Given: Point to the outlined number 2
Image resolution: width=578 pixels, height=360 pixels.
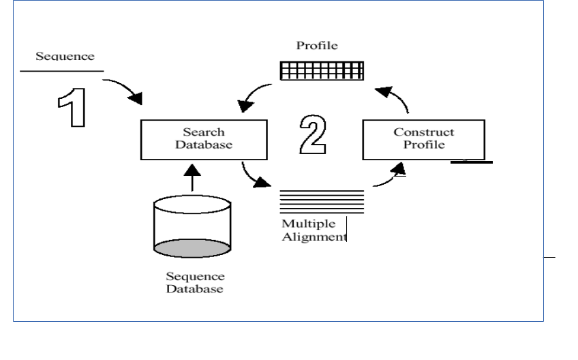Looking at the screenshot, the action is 313,134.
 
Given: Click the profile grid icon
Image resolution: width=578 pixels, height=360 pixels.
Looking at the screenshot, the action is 322,71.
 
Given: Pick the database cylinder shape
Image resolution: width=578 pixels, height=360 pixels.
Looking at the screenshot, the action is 192,226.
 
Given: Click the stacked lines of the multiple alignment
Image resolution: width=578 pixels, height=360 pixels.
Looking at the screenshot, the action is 322,202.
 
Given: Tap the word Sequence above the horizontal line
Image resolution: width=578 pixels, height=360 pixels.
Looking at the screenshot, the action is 65,56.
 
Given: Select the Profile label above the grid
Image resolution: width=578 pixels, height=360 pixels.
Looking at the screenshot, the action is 317,46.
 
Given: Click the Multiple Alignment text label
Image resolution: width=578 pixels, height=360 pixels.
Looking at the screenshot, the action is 314,230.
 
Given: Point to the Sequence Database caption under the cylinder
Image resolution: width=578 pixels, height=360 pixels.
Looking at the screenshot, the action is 195,282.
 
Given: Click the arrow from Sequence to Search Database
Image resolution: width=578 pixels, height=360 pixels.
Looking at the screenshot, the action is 124,87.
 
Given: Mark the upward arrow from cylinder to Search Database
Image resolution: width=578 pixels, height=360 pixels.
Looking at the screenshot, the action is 192,178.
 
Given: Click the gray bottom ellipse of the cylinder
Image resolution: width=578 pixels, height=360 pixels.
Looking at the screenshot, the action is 192,248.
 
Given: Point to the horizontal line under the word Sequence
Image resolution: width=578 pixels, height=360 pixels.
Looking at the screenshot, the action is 62,71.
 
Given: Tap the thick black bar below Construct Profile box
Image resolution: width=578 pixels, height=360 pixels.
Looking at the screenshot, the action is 472,162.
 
